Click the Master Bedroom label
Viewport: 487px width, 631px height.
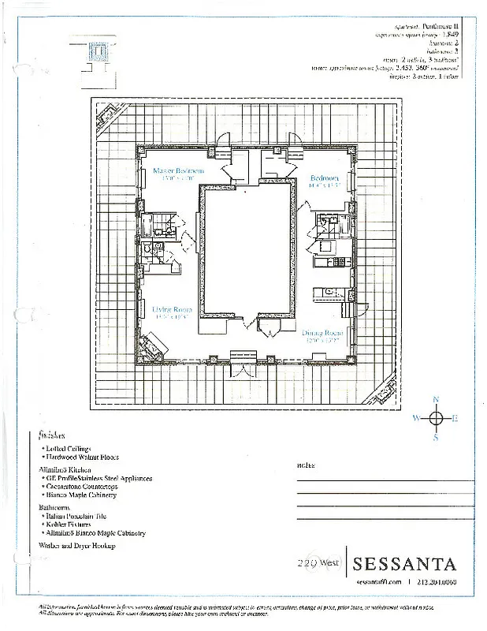coord(179,170)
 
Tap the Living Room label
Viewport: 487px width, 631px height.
coord(172,310)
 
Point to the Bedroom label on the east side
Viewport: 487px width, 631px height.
coord(324,178)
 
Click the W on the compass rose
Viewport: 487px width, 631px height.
coord(415,418)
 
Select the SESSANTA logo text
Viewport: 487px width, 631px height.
coord(405,564)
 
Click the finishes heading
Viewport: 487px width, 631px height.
coord(51,435)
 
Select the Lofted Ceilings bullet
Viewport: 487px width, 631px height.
coord(69,448)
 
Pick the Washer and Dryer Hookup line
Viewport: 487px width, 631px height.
coord(77,546)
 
